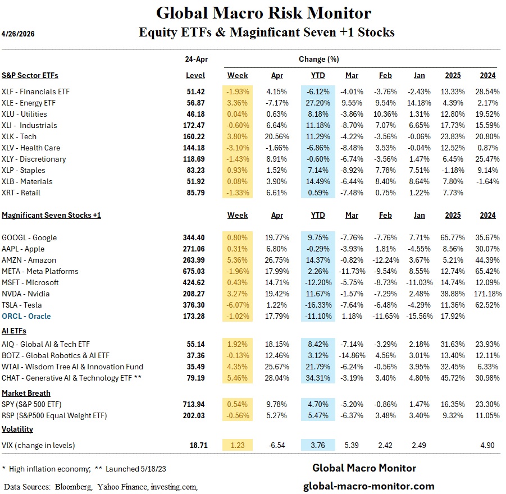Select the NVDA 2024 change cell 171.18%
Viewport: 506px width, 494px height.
click(486, 294)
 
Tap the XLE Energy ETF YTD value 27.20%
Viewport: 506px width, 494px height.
click(317, 103)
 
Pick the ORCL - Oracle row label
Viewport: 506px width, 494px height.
click(26, 316)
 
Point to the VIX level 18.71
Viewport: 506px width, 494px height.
click(198, 445)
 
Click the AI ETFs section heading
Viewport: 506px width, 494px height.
click(15, 331)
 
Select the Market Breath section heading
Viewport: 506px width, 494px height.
click(26, 393)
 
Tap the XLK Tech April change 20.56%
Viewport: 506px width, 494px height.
click(277, 136)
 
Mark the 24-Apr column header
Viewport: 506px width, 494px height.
click(195, 59)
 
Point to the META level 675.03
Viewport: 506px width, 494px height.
click(195, 271)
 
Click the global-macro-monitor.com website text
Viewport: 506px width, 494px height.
click(368, 486)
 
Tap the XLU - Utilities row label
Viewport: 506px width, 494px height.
click(25, 114)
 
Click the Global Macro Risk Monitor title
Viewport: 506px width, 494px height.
click(263, 13)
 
